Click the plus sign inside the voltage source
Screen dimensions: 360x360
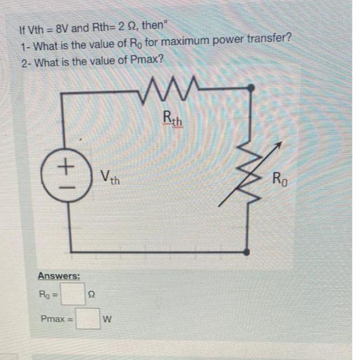tap(66, 166)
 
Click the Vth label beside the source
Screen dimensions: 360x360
tap(110, 177)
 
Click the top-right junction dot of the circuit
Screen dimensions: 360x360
tap(249, 88)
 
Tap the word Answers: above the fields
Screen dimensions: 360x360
tap(59, 276)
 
